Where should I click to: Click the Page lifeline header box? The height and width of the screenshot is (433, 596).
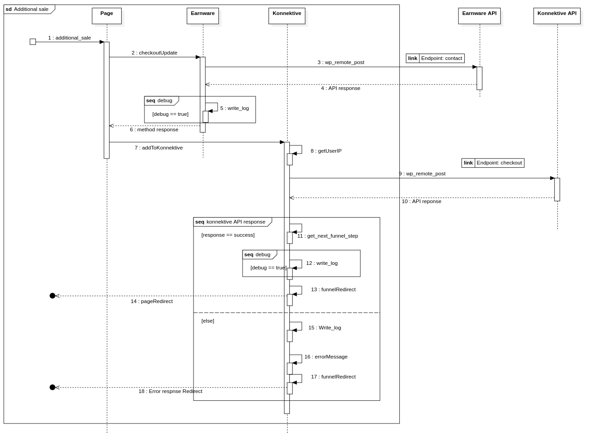coord(107,16)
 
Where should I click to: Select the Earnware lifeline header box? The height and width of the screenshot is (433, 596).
coord(203,16)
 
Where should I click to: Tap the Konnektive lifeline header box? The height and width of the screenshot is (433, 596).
coord(287,16)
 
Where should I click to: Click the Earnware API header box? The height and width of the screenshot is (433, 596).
coord(479,16)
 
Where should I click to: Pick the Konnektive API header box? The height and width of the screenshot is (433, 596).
coord(556,16)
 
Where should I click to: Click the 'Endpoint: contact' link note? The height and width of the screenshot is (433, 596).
coord(435,58)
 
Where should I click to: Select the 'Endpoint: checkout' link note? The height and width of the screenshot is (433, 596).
coord(493,163)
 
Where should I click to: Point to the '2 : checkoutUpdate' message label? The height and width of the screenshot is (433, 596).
coord(154,53)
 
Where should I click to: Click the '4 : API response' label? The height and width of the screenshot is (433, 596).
coord(341,88)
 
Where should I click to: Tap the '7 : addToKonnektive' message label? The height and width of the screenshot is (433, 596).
coord(159,148)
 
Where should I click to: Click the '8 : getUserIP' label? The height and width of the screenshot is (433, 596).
coord(326,151)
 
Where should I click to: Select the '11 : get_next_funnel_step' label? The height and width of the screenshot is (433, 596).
coord(328,236)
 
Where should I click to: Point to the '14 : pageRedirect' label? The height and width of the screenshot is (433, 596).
coord(151,301)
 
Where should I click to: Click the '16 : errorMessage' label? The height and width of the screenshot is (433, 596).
coord(326,357)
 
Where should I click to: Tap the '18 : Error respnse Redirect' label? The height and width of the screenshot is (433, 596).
coord(170,391)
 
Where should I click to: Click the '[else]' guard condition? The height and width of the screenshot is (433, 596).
coord(208,321)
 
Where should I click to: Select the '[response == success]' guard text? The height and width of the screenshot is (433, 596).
coord(228,235)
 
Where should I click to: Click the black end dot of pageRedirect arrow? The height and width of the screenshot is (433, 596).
coord(52,296)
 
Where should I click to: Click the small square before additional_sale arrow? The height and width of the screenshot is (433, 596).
coord(33,42)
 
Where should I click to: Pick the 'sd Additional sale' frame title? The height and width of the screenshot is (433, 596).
coord(27,9)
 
